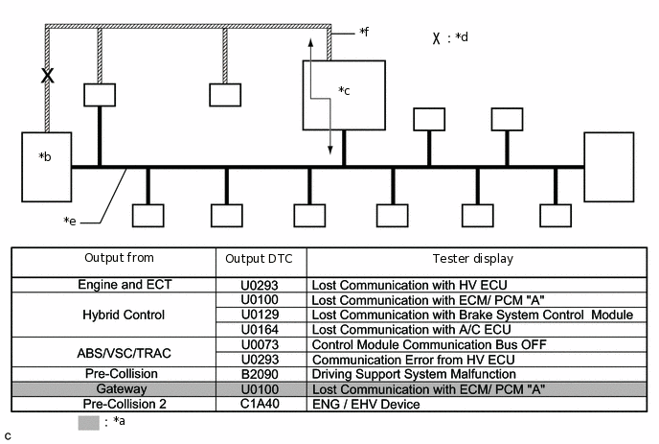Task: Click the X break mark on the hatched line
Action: pos(48,76)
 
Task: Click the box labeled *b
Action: pos(47,167)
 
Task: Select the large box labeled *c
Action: pos(344,95)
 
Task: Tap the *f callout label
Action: pos(364,32)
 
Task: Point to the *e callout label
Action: pos(70,221)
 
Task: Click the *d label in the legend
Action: pos(461,37)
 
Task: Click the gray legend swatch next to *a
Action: pos(89,423)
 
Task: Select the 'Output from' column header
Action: pos(119,258)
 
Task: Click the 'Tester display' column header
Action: pos(473,258)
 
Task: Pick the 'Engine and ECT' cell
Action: pos(125,285)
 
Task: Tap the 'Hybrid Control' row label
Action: pos(124,315)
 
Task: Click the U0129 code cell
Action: pos(260,315)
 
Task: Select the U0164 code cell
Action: pos(260,330)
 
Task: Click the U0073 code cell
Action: pos(260,344)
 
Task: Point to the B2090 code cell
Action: pos(260,374)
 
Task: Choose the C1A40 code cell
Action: pos(260,404)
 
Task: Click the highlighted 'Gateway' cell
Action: pos(122,389)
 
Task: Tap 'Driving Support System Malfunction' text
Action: pos(414,374)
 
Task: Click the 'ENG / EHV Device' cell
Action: pos(366,405)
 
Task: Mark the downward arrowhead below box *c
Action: pos(330,151)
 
